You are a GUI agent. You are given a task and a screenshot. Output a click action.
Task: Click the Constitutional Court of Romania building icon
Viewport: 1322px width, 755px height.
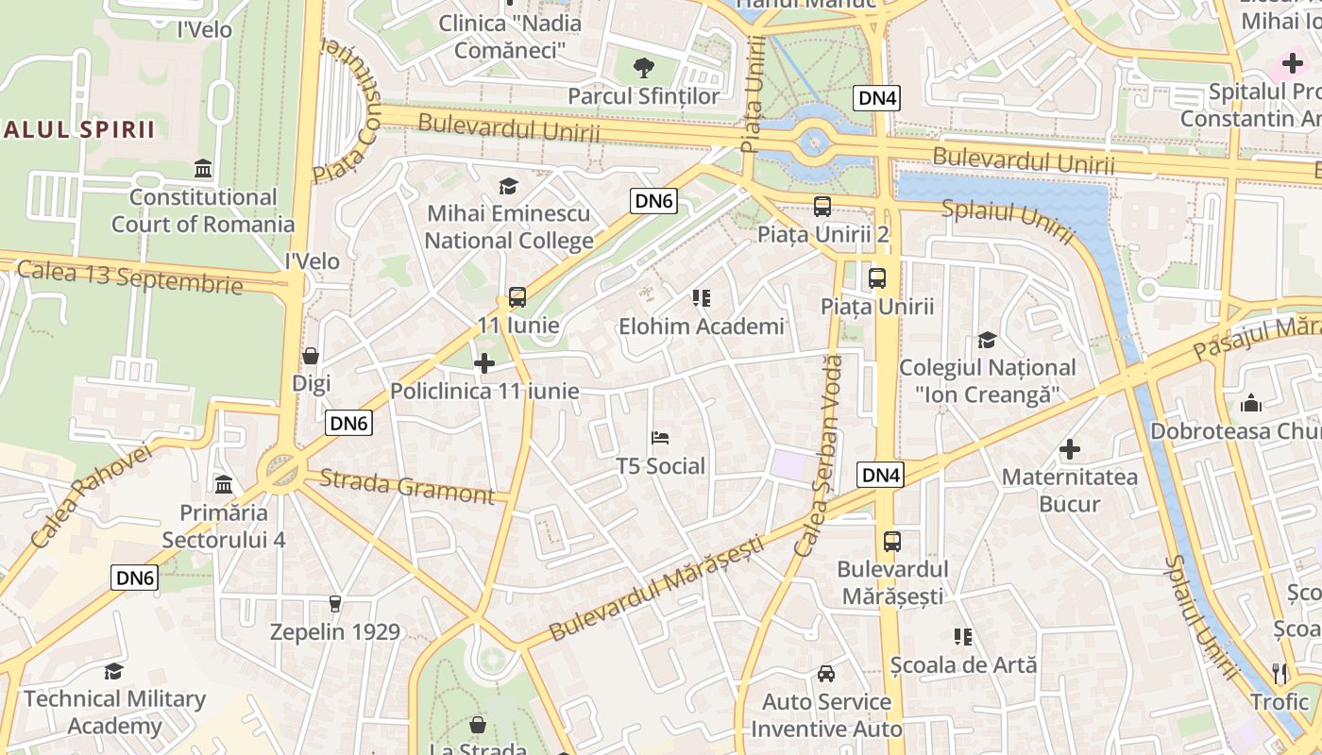(203, 169)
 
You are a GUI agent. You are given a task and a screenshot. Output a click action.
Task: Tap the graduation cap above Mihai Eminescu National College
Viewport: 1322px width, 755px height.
(509, 185)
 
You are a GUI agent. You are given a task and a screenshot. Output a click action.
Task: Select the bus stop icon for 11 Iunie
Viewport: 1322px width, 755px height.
(517, 297)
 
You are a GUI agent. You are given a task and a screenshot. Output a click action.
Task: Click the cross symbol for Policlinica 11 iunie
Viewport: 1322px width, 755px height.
(484, 363)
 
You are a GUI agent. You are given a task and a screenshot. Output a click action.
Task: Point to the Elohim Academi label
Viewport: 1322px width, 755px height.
(701, 327)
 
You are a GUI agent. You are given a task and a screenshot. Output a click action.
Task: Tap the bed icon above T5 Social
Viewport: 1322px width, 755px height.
(661, 438)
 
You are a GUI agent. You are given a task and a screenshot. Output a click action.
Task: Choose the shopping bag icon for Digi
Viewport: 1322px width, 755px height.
(311, 356)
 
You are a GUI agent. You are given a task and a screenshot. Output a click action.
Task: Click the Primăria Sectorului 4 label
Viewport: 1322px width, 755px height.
(224, 527)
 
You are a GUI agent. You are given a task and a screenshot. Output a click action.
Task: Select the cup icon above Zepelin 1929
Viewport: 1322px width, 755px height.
(334, 603)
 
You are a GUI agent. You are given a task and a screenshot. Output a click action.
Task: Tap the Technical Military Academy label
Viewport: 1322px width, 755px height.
(114, 713)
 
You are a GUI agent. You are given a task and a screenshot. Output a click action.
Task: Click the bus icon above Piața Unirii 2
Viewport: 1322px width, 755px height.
(822, 206)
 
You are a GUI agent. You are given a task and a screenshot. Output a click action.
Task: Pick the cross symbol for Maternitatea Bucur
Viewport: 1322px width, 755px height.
(1070, 449)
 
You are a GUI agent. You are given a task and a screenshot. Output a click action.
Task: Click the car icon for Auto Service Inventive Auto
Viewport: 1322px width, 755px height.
(826, 674)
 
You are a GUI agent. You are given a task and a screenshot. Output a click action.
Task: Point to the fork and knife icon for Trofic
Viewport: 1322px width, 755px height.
(1280, 673)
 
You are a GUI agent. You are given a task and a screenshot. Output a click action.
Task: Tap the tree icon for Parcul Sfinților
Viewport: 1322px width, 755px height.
(643, 67)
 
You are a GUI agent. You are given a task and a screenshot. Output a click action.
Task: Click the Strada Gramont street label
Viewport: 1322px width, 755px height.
(407, 485)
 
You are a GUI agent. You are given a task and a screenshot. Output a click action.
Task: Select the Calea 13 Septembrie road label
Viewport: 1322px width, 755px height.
(129, 277)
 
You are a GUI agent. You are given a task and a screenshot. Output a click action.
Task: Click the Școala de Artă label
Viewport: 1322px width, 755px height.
(963, 664)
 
